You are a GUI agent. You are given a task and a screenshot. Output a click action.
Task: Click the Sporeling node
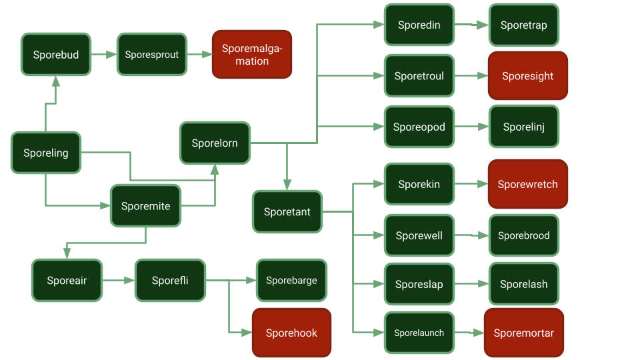click(46, 153)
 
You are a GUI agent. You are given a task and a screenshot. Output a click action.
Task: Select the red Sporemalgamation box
click(252, 55)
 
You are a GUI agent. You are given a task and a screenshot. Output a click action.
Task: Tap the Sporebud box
click(56, 55)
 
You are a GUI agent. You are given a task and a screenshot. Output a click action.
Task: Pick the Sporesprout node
click(152, 55)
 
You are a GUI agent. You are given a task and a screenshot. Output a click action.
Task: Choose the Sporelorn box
click(215, 143)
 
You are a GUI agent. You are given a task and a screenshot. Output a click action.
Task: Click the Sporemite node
click(145, 206)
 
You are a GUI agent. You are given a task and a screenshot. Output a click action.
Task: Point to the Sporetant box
click(287, 212)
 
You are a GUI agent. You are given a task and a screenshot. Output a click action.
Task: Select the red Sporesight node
click(527, 76)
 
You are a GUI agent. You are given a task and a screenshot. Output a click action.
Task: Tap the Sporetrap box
click(523, 25)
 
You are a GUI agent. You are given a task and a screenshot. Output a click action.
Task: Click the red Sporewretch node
click(527, 184)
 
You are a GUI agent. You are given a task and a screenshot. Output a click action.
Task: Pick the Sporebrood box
click(523, 235)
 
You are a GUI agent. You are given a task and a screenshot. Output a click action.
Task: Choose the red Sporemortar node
click(523, 333)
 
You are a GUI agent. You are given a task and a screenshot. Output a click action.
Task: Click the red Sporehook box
click(291, 333)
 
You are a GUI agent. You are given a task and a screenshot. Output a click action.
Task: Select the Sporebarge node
click(291, 281)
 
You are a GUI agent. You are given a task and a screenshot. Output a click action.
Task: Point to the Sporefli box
click(170, 281)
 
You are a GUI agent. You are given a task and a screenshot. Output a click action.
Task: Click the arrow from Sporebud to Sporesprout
click(103, 55)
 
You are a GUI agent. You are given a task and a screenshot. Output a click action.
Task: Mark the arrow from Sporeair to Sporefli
click(119, 281)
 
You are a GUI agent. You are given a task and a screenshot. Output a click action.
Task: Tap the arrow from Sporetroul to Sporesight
click(471, 76)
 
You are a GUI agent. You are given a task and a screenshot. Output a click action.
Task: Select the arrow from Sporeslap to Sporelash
click(471, 284)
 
